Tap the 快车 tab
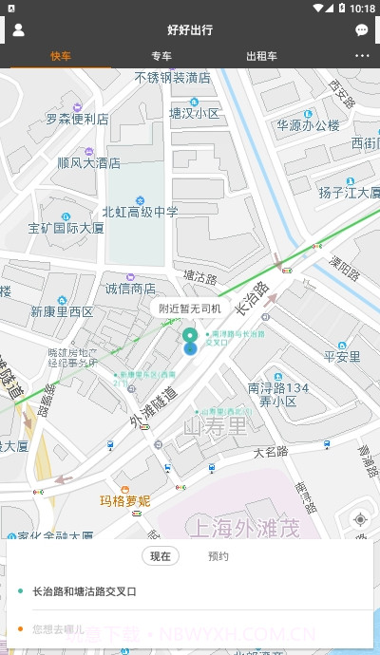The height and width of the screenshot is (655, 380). (x=61, y=56)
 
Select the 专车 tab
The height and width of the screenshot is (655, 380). (x=161, y=56)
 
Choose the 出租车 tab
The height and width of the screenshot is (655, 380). (x=261, y=56)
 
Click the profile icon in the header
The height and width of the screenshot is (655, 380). (x=18, y=29)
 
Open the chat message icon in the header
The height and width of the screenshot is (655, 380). (x=362, y=30)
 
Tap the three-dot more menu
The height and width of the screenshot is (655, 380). (x=362, y=56)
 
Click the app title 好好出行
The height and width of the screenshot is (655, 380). (x=190, y=30)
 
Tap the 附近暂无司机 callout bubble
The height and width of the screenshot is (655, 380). (x=190, y=308)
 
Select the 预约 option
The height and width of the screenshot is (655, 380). (x=218, y=556)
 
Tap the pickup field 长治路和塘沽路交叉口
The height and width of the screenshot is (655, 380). (x=85, y=591)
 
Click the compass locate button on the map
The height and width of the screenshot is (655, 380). (x=359, y=519)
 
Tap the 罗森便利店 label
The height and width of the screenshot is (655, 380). (x=77, y=120)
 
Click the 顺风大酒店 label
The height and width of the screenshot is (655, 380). (x=88, y=162)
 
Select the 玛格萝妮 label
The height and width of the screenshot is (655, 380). (x=125, y=500)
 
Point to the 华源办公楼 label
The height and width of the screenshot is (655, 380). (x=308, y=124)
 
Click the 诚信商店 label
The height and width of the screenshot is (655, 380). (x=130, y=289)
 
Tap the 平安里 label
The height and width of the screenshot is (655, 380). (x=342, y=357)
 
